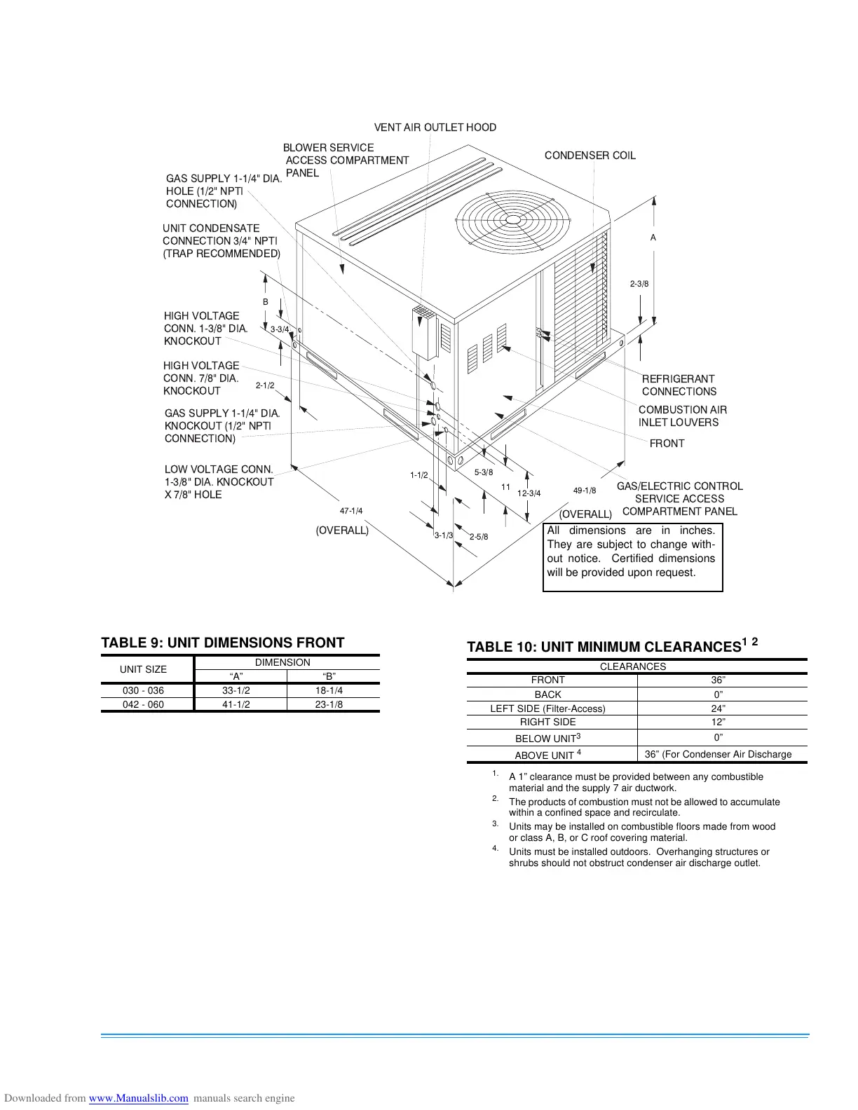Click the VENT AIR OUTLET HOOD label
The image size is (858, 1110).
pyautogui.click(x=435, y=128)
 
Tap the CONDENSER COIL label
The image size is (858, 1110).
pyautogui.click(x=590, y=156)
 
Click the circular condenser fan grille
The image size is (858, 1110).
pyautogui.click(x=513, y=220)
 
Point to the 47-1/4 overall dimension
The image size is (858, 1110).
pyautogui.click(x=351, y=511)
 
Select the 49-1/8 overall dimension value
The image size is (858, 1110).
pyautogui.click(x=585, y=491)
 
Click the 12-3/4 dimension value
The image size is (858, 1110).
pyautogui.click(x=529, y=493)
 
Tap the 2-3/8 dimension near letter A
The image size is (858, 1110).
pyautogui.click(x=639, y=284)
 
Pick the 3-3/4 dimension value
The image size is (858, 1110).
pyautogui.click(x=280, y=329)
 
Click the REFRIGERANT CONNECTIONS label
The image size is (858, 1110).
pyautogui.click(x=679, y=385)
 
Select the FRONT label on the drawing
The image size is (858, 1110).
pyautogui.click(x=667, y=444)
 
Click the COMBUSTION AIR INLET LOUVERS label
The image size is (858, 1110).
pyautogui.click(x=682, y=416)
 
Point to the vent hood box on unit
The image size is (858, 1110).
pyautogui.click(x=425, y=331)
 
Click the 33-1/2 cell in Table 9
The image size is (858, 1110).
pyautogui.click(x=236, y=691)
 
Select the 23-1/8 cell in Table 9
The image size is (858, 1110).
pyautogui.click(x=329, y=705)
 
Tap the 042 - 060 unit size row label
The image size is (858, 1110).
pyautogui.click(x=143, y=705)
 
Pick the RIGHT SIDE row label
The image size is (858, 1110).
pyautogui.click(x=547, y=722)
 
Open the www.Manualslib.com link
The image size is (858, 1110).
pyautogui.click(x=139, y=1098)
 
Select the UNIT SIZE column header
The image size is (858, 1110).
pyautogui.click(x=143, y=669)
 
